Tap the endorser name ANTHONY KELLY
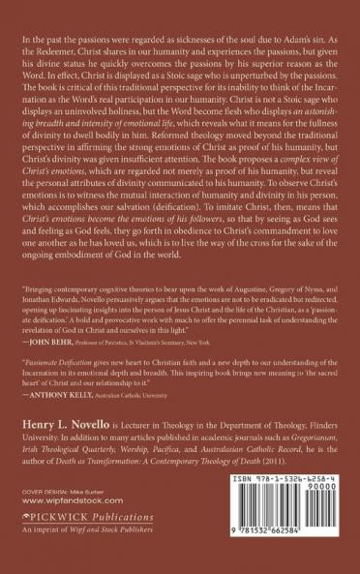pyautogui.click(x=66, y=395)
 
